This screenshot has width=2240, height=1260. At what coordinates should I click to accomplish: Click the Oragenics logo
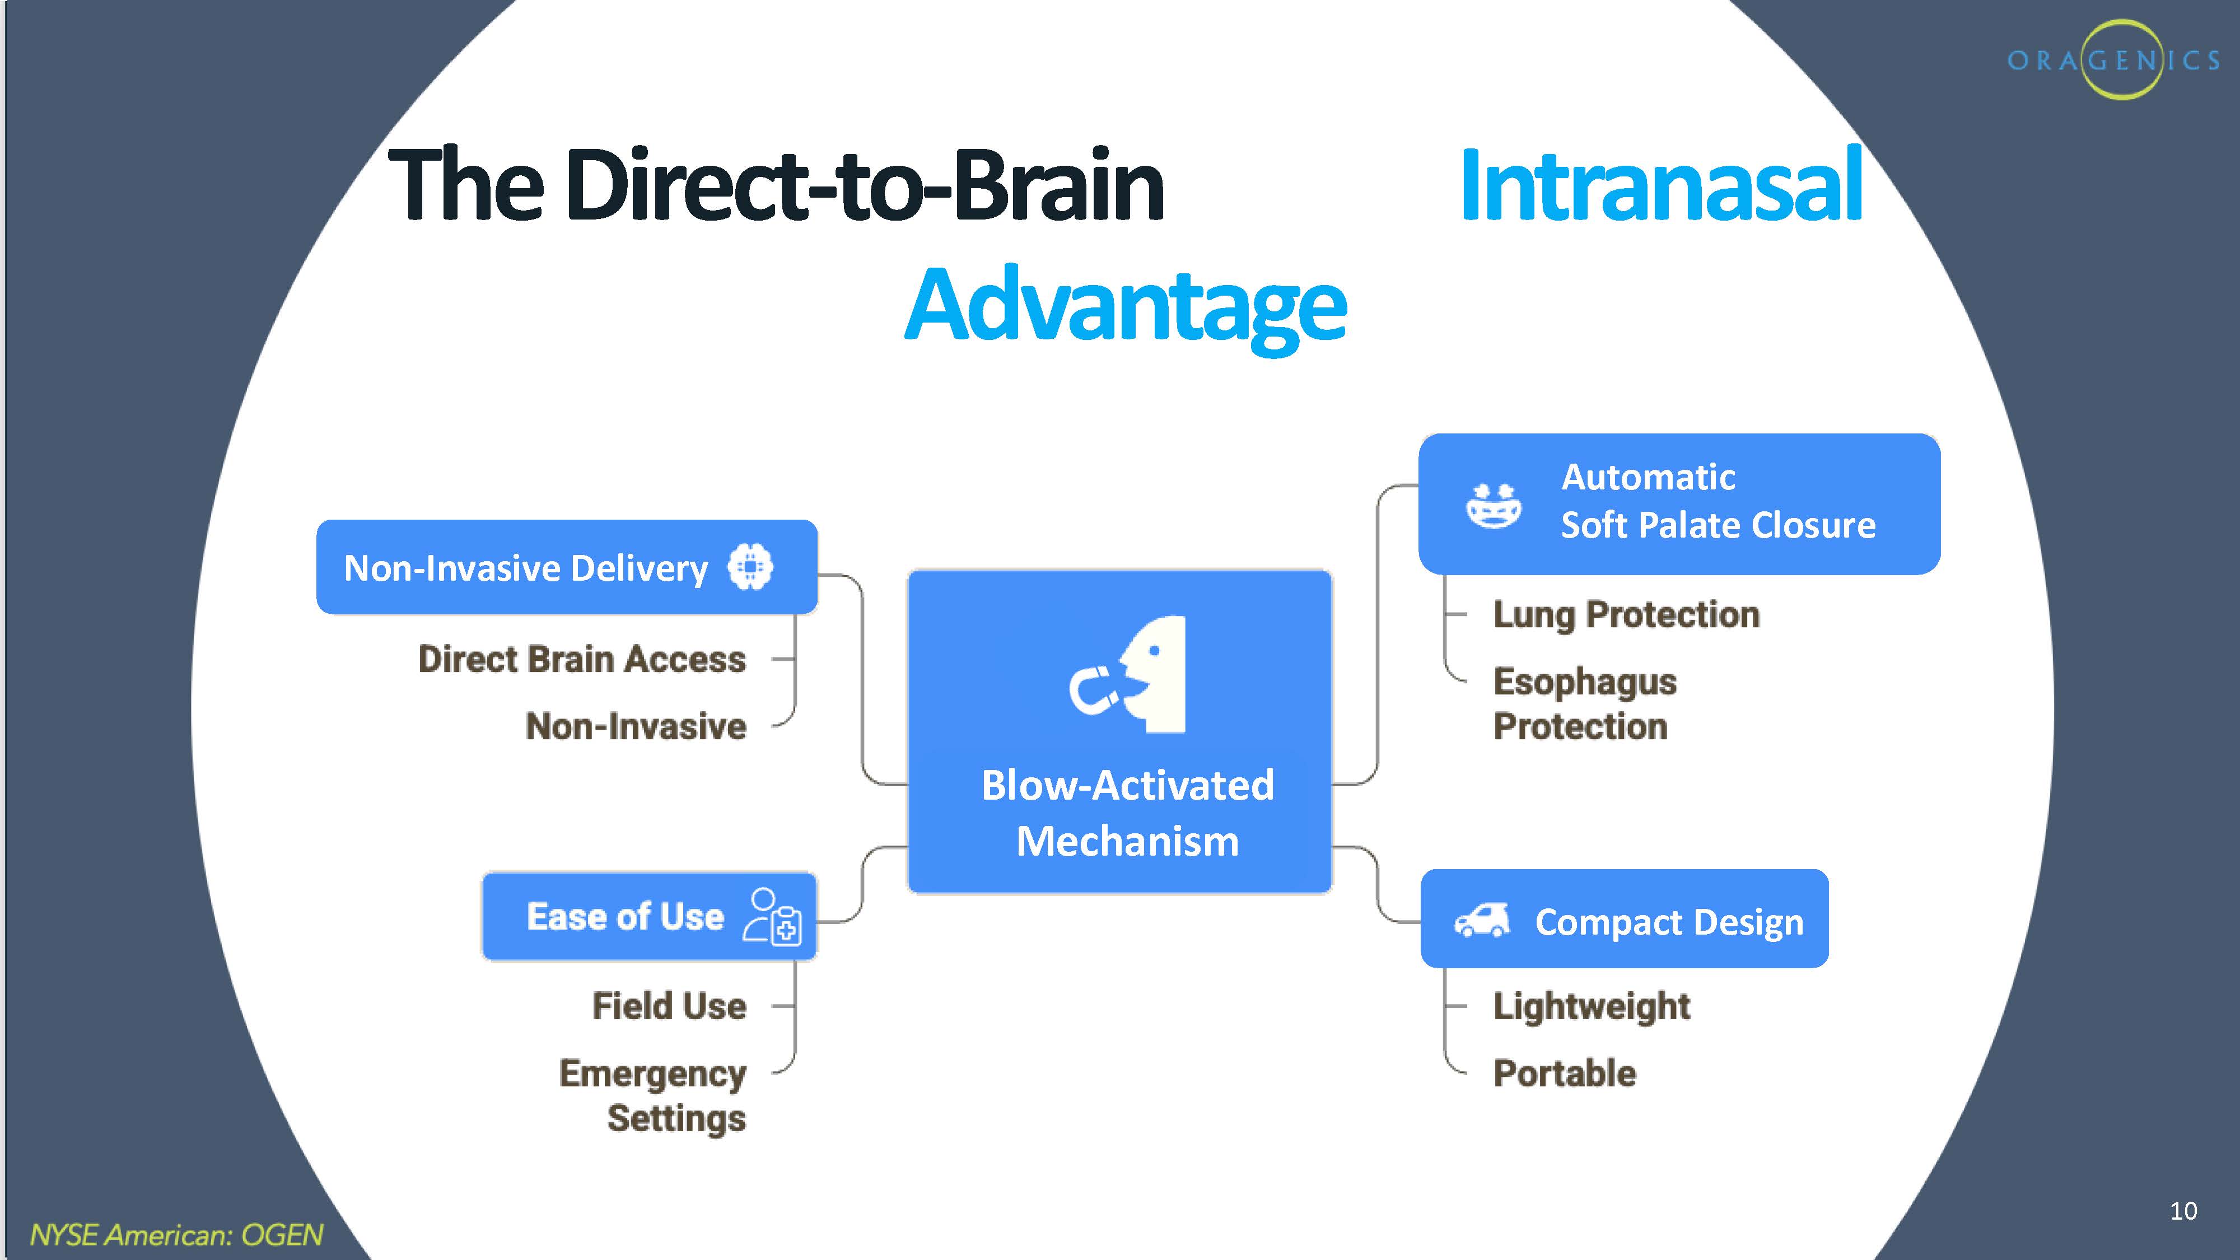[2113, 59]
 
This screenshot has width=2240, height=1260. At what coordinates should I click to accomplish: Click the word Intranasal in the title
[1661, 185]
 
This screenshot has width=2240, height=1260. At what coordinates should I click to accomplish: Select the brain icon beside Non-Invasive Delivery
[750, 567]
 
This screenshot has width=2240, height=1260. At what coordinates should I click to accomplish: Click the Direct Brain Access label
[582, 659]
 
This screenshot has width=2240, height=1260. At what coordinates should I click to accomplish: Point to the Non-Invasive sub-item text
[636, 726]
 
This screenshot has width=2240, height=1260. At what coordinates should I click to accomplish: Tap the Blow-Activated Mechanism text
[1127, 813]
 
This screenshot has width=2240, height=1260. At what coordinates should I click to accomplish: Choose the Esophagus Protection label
[1584, 703]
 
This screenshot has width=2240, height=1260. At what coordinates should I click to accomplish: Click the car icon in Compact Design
[1482, 920]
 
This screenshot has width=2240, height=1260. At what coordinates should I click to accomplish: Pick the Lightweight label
[1592, 1006]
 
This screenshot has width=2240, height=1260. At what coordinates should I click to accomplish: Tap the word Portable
[1564, 1073]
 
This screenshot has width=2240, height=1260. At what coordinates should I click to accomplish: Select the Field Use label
[669, 1006]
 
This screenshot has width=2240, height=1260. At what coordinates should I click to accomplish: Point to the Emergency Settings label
[653, 1096]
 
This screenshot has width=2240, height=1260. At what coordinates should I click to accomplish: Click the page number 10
[2183, 1210]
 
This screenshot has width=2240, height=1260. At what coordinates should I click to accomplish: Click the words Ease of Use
[625, 917]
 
